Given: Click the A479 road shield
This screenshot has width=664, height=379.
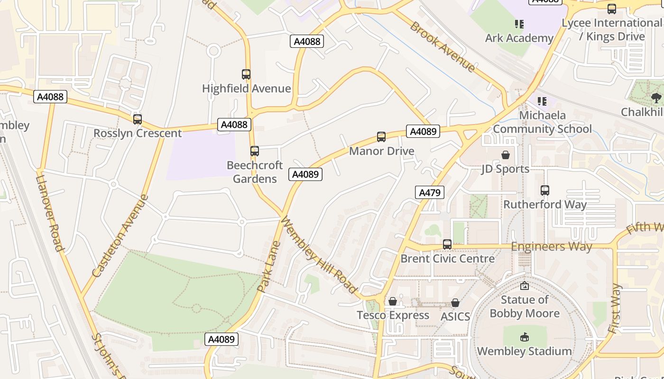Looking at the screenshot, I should click(x=430, y=192).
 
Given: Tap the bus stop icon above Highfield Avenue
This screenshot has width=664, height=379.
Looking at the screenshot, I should click(x=246, y=74).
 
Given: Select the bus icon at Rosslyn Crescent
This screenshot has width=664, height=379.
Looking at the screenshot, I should click(x=138, y=119).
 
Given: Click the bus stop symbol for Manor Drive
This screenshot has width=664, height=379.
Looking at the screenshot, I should click(x=381, y=137).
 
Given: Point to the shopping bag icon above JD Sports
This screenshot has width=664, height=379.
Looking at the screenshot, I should click(x=506, y=155).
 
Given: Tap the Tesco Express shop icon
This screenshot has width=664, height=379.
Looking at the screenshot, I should click(x=393, y=301).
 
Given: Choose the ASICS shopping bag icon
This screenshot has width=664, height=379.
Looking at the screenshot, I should click(x=455, y=303).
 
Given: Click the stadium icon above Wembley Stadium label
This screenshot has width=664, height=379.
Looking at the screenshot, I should click(x=525, y=337).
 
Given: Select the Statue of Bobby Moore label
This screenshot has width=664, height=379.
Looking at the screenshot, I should click(x=525, y=307).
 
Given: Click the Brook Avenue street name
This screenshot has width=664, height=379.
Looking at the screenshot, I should click(x=443, y=46).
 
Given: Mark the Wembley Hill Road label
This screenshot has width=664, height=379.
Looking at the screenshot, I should click(x=319, y=255).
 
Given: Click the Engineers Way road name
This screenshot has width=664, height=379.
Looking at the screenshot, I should click(x=551, y=246).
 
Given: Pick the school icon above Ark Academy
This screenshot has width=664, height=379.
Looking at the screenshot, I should click(x=519, y=24).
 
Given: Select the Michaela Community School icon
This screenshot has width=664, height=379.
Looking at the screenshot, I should click(x=542, y=101).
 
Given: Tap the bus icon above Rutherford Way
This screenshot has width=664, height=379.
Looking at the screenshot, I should click(x=545, y=190).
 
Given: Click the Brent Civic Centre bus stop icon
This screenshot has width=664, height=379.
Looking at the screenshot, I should click(x=447, y=244).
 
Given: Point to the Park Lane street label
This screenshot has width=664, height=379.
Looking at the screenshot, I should click(x=269, y=266).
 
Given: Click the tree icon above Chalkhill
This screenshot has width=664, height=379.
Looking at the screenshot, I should click(x=656, y=98).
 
